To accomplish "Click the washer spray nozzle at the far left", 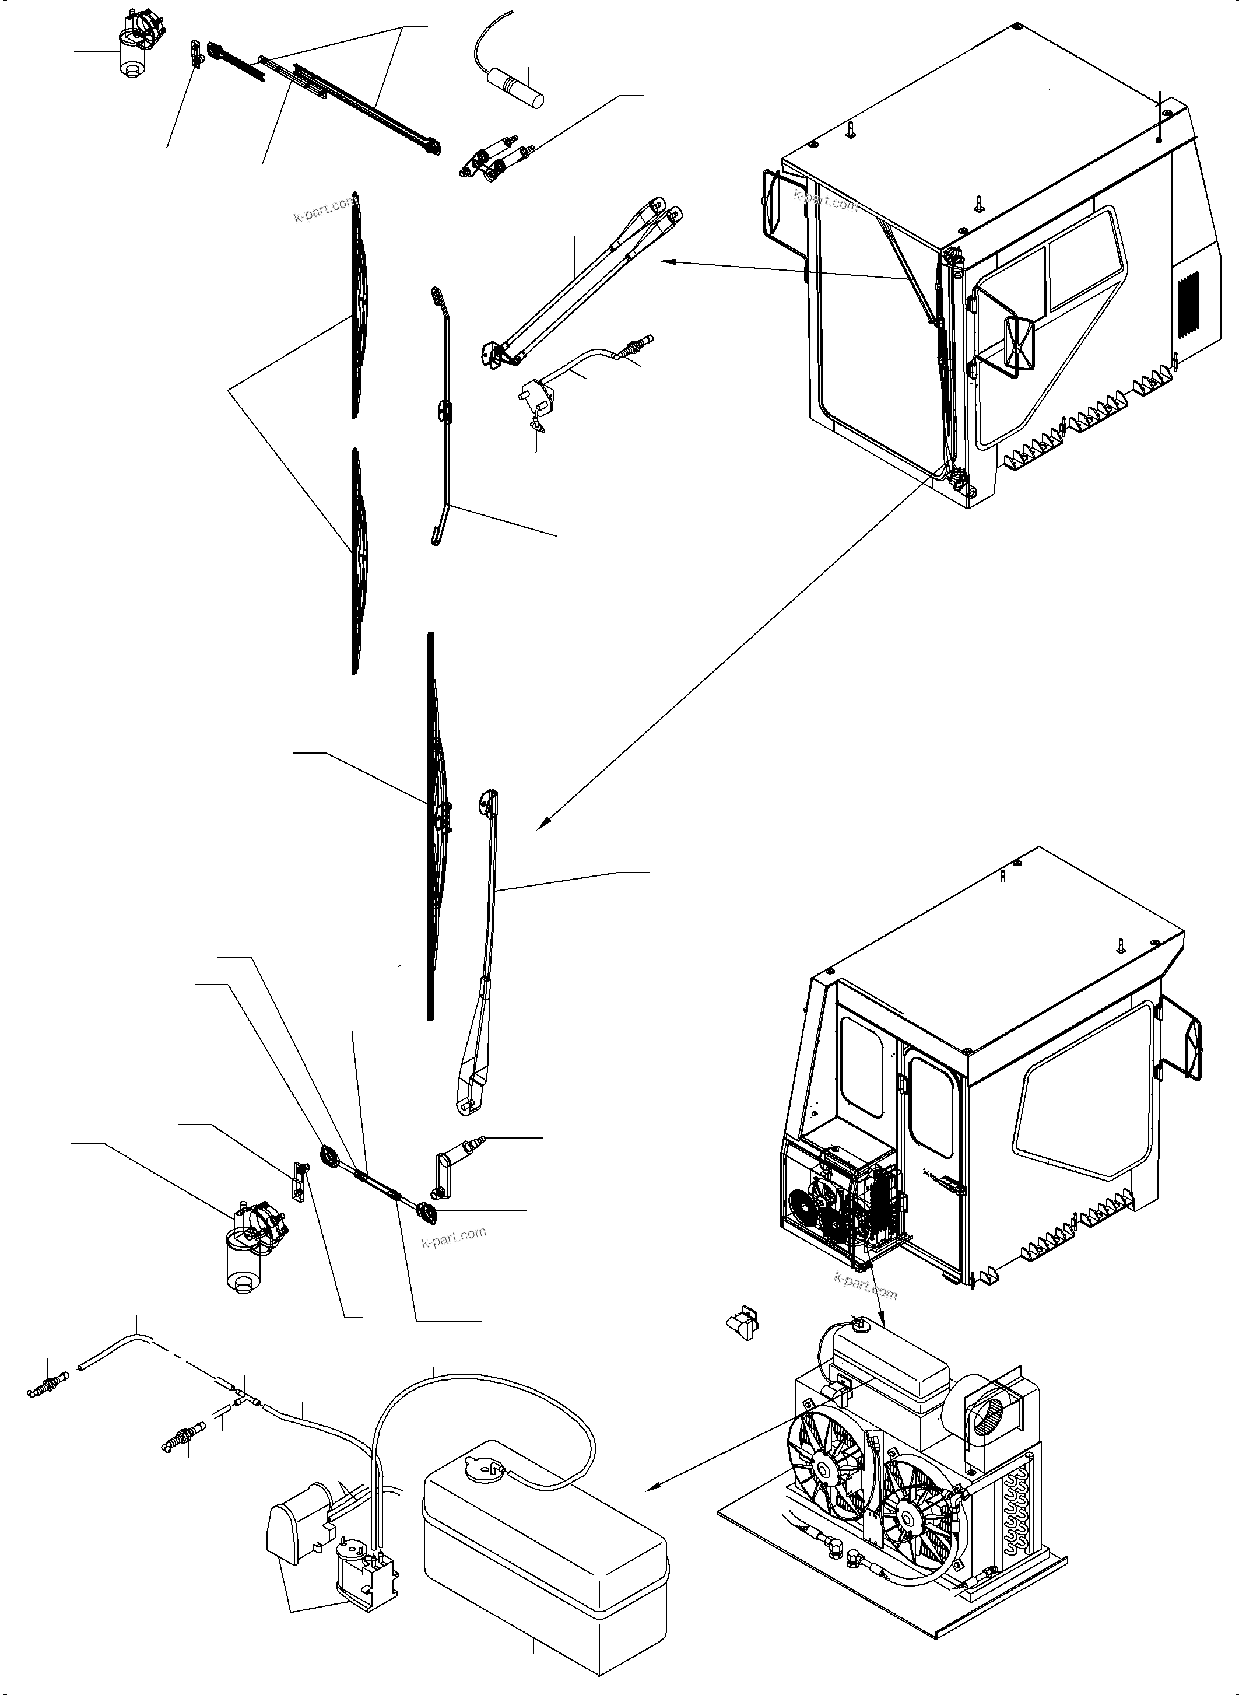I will point(47,1384).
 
